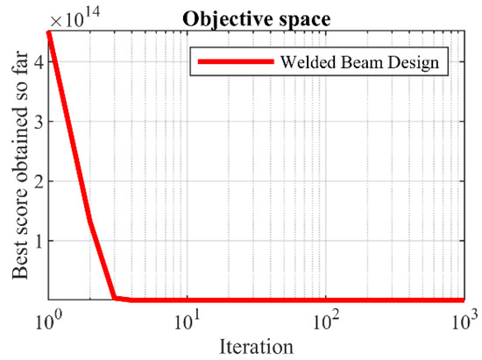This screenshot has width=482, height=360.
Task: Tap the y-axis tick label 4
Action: pos(37,62)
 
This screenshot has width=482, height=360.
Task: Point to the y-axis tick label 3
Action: pos(37,122)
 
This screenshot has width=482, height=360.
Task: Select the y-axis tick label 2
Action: pos(37,180)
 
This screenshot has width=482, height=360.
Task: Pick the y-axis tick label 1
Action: pos(37,240)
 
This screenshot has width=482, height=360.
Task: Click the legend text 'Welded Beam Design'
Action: pos(359,63)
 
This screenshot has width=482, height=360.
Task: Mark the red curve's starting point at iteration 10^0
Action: pos(48,33)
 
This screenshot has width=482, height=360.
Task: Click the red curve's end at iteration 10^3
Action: pos(463,300)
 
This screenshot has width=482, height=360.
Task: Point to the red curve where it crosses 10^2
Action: pos(325,300)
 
